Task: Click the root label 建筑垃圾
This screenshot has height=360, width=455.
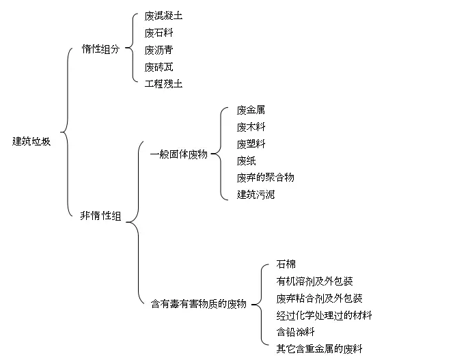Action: [x=31, y=141]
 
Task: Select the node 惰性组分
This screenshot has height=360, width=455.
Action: [x=100, y=49]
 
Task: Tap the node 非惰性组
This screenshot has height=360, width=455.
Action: [x=100, y=216]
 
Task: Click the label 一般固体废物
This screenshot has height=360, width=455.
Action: [x=179, y=154]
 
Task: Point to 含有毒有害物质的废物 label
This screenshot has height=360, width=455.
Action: [x=199, y=304]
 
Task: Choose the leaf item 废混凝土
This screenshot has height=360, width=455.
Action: [x=164, y=16]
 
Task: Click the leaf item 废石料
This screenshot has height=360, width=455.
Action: [x=158, y=33]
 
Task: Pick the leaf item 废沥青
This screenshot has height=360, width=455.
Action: [x=158, y=50]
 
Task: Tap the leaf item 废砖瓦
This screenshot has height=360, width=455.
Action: [x=158, y=67]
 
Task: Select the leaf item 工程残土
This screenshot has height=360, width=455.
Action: [x=164, y=84]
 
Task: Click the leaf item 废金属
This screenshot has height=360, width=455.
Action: [x=251, y=110]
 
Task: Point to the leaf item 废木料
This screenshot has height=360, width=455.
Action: [x=251, y=127]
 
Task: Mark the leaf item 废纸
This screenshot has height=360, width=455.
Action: [x=246, y=161]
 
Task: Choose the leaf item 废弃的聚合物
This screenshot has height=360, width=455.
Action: [x=265, y=178]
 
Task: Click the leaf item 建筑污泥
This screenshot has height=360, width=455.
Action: [x=256, y=195]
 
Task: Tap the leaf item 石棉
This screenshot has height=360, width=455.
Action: [x=286, y=264]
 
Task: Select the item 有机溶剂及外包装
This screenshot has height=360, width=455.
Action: [x=314, y=281]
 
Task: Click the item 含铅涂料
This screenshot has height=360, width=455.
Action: [x=295, y=332]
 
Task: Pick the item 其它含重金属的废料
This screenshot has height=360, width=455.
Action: [x=320, y=348]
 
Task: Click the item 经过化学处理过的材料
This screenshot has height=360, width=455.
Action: [x=324, y=315]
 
